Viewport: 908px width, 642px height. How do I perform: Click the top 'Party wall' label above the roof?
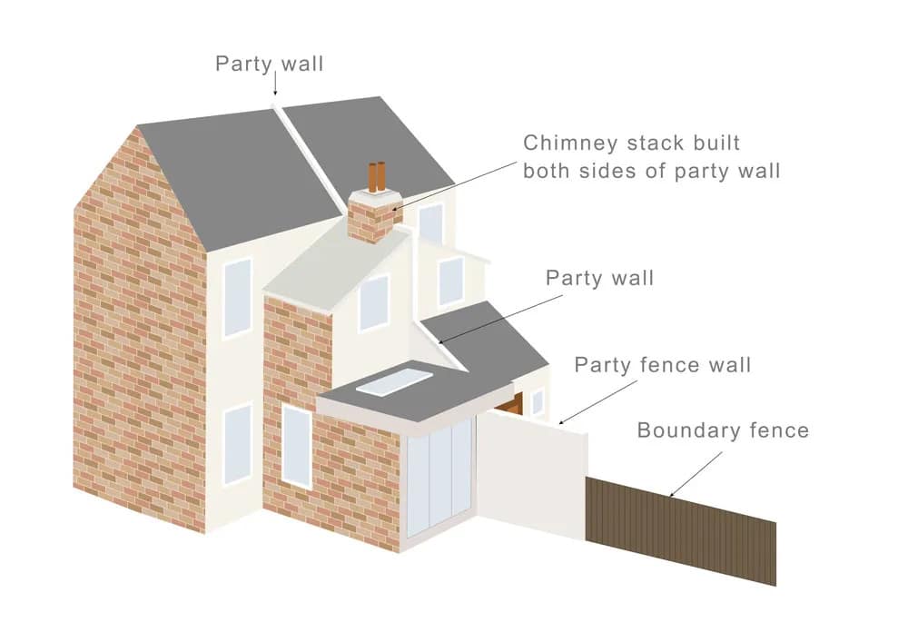click(x=269, y=64)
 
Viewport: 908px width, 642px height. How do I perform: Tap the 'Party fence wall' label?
click(x=663, y=366)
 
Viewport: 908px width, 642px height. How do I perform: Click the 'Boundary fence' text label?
click(x=723, y=430)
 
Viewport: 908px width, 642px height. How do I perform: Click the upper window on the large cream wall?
click(x=238, y=297)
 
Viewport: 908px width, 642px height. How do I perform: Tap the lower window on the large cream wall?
click(x=238, y=443)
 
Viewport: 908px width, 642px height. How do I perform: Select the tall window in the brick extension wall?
click(x=297, y=445)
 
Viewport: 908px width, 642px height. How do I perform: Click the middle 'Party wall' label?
click(x=599, y=278)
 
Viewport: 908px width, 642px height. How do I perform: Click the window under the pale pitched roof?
click(x=373, y=302)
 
